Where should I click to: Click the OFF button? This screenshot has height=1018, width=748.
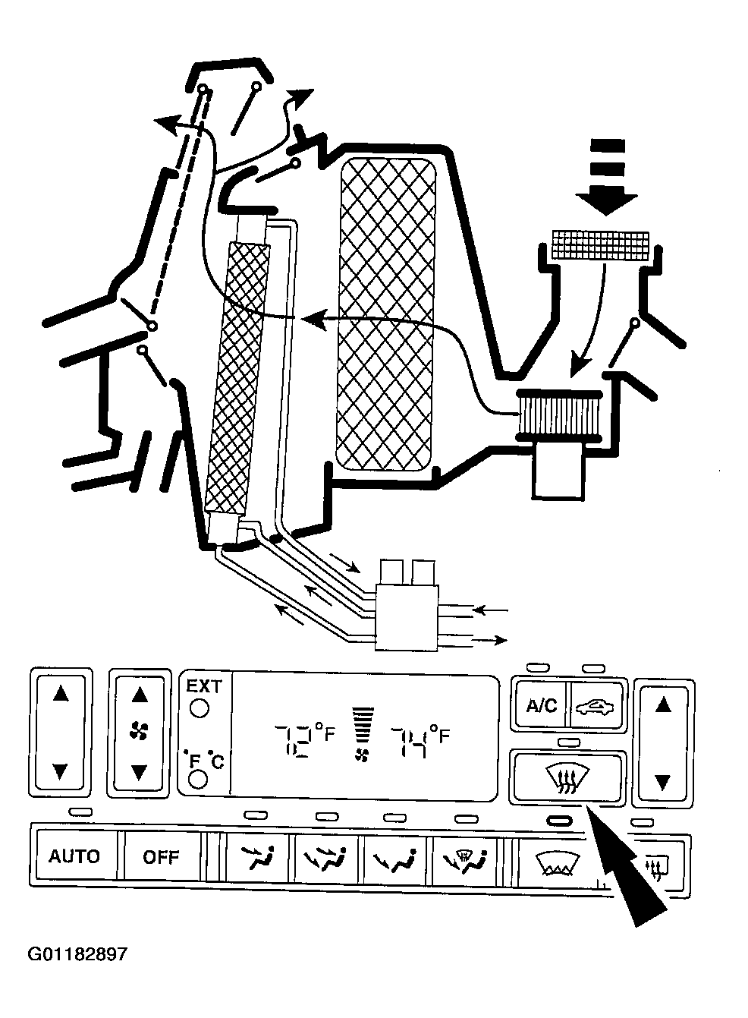click(161, 856)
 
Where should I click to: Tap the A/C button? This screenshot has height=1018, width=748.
click(541, 705)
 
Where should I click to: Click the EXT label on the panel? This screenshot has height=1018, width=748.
click(204, 686)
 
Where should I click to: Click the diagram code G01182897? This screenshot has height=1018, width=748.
click(77, 953)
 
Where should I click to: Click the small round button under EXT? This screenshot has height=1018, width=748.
click(199, 709)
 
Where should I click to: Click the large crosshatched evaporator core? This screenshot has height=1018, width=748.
click(388, 315)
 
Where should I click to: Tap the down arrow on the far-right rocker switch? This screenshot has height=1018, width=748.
click(663, 780)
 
